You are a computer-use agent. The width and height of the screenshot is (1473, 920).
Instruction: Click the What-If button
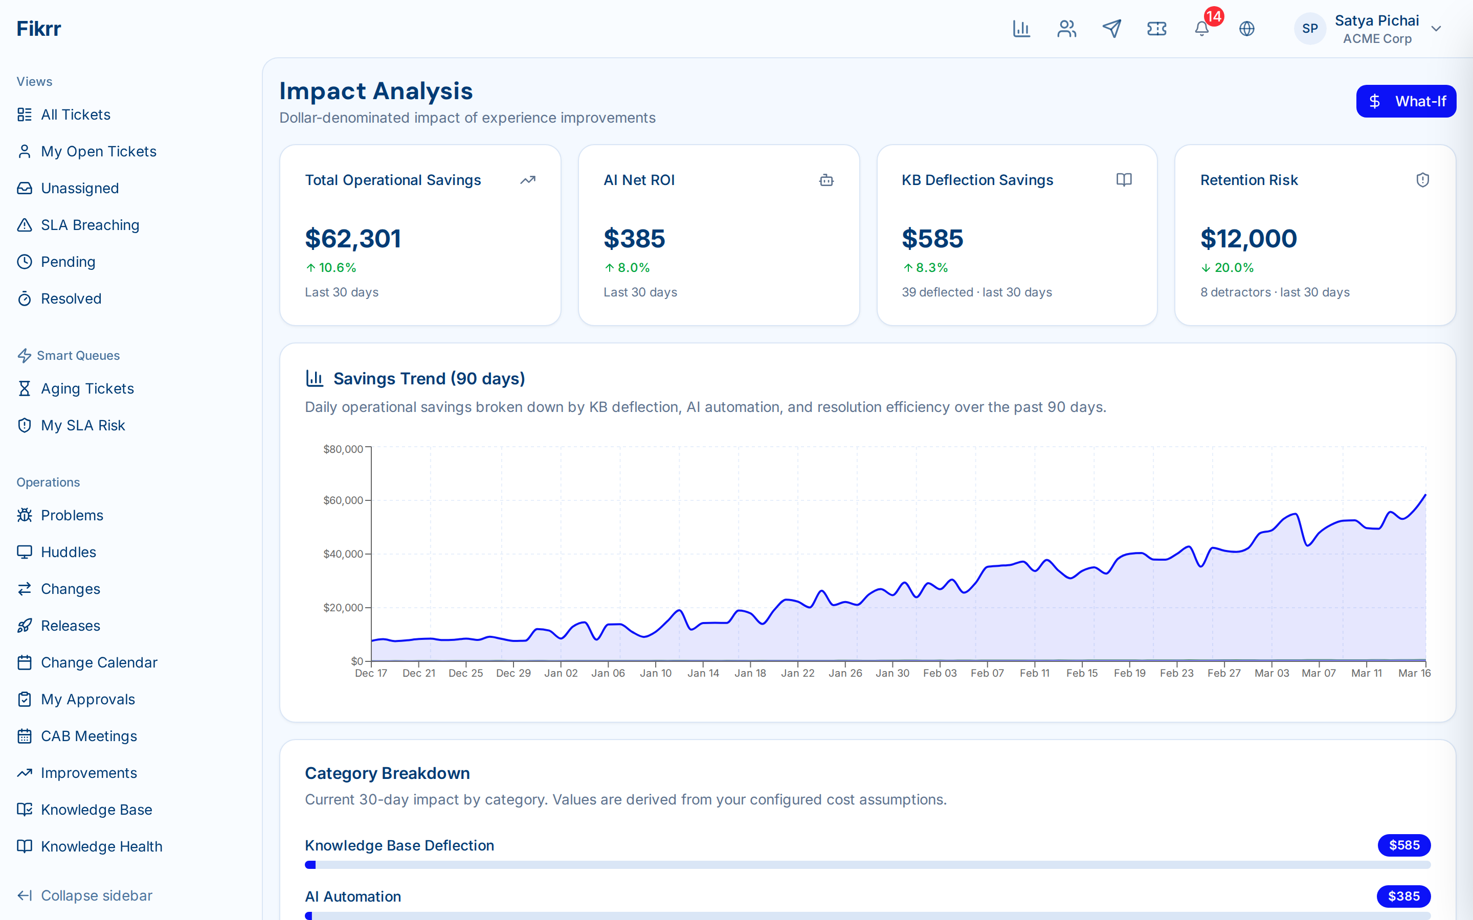click(x=1405, y=101)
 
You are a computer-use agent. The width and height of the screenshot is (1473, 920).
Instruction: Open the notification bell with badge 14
click(x=1201, y=29)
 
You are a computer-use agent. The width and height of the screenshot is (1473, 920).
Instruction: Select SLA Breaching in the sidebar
click(x=90, y=225)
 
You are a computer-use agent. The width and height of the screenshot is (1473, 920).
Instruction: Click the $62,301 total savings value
click(x=353, y=239)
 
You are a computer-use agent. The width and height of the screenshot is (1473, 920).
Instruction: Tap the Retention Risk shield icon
click(x=1422, y=180)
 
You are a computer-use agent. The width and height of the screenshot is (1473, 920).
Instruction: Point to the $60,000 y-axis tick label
click(x=343, y=500)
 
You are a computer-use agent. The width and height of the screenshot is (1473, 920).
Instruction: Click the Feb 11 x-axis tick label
click(x=1034, y=673)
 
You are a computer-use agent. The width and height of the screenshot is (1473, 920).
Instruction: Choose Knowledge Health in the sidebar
click(x=101, y=846)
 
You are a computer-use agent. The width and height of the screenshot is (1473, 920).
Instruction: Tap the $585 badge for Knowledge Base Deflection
click(x=1403, y=845)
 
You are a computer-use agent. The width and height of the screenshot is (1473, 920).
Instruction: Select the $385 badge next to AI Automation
click(x=1403, y=896)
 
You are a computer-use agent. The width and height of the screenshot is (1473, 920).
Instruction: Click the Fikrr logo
click(x=39, y=29)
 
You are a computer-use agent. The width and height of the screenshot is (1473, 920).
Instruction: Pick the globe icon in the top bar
click(x=1246, y=29)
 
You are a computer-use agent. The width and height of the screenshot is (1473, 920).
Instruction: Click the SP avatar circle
click(x=1309, y=29)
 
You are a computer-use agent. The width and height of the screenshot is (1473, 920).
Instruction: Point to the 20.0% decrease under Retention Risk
click(x=1227, y=268)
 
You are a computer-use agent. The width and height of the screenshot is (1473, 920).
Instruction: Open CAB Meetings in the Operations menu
click(x=89, y=736)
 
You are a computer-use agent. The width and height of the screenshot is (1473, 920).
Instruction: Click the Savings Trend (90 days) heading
click(x=429, y=378)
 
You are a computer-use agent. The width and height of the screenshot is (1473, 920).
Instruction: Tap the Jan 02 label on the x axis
click(x=561, y=673)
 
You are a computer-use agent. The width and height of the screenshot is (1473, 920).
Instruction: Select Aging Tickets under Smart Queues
click(x=87, y=388)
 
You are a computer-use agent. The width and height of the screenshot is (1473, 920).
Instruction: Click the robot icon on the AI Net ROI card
click(x=826, y=180)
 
